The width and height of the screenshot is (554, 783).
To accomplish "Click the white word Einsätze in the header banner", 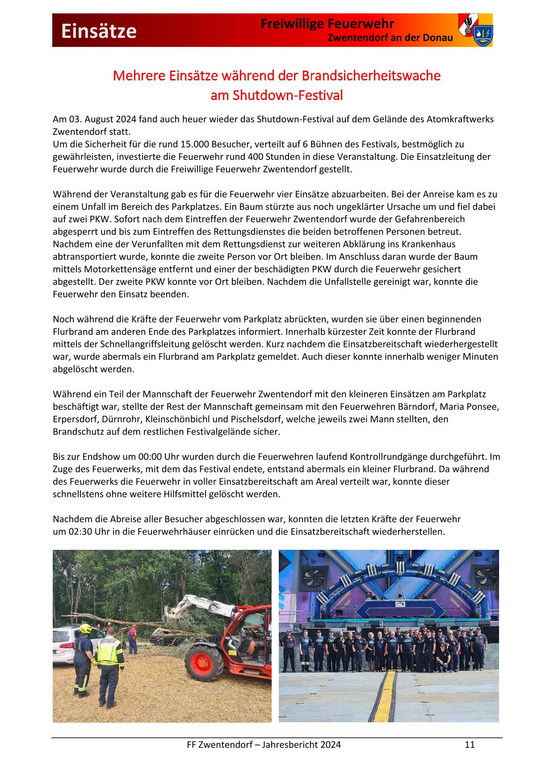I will tap(99, 31).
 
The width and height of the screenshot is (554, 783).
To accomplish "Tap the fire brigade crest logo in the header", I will tap(475, 30).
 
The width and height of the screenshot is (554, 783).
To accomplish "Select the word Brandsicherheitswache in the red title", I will tap(371, 75).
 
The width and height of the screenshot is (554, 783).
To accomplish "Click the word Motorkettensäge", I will tap(126, 269).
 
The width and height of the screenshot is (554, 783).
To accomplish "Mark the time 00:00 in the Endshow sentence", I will tap(150, 456).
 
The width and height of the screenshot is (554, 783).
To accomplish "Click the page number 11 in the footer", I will tap(470, 744).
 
